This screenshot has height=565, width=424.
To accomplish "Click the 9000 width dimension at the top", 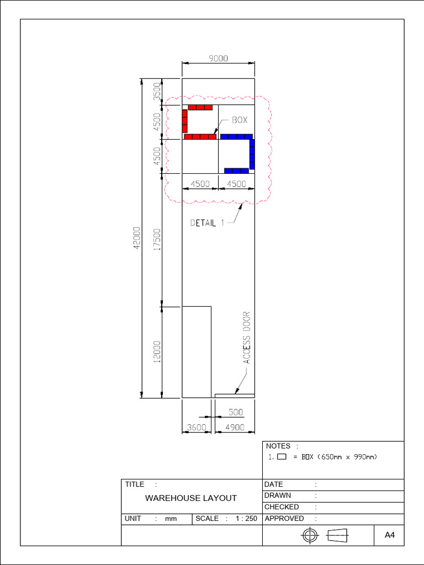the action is [219, 58].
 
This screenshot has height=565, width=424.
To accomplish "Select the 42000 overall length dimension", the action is [137, 238].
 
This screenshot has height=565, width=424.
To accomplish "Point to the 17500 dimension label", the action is [157, 239].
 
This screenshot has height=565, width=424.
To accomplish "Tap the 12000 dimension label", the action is [157, 351].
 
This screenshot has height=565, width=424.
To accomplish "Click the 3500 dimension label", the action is [157, 91].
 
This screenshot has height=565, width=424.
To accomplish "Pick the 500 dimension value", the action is [236, 412].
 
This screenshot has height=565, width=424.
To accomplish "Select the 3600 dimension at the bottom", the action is [197, 428].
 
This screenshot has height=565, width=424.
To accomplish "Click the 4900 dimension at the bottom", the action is [235, 428].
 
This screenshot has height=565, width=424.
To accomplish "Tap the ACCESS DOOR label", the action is [247, 338].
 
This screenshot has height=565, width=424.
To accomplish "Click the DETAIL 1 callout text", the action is [208, 223].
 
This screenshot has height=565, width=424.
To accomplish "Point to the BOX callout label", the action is [240, 120].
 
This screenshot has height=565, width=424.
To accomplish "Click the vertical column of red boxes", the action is [184, 121].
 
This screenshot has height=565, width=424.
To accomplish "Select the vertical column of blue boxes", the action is [252, 154].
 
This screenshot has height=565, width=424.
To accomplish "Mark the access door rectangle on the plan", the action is [235, 396].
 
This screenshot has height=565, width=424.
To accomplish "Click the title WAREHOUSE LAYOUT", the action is [191, 498].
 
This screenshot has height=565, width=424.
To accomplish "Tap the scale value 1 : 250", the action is [247, 519].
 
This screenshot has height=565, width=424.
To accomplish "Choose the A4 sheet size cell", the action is [389, 535].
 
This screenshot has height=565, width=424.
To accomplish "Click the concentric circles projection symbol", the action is [310, 535].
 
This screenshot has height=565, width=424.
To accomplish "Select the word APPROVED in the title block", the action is [284, 519].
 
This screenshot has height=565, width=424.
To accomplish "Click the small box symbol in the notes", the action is [282, 457].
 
